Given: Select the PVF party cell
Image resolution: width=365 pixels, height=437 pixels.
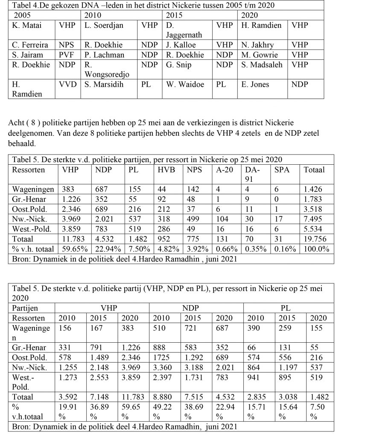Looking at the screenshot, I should pyautogui.click(x=67, y=55).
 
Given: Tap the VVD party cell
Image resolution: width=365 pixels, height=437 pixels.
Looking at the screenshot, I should pyautogui.click(x=67, y=84).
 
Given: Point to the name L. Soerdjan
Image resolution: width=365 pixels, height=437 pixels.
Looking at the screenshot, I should pyautogui.click(x=104, y=25).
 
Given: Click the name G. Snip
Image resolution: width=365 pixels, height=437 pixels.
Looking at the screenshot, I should pyautogui.click(x=179, y=65).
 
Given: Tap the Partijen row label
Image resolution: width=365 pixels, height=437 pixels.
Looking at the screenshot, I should pyautogui.click(x=25, y=308).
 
